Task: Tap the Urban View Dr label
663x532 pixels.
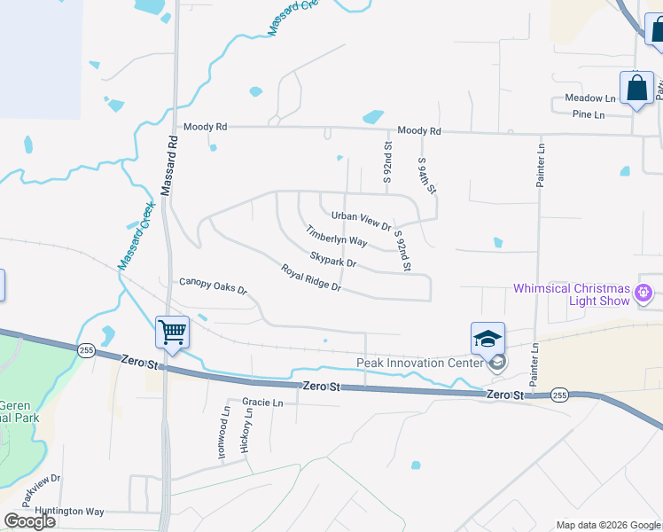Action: click(361, 220)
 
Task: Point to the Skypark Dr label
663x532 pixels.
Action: click(332, 259)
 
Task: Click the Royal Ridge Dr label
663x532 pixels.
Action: click(311, 278)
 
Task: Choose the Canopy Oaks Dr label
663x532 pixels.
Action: click(213, 286)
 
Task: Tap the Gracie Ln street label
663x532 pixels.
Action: click(261, 403)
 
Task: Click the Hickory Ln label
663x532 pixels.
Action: click(246, 432)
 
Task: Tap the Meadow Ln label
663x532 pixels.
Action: click(590, 98)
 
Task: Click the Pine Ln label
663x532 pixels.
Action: click(588, 114)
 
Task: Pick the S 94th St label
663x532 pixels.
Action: click(426, 176)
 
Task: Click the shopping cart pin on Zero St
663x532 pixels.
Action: click(173, 332)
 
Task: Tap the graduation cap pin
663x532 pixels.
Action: click(487, 339)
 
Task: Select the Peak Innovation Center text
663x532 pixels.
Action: click(419, 363)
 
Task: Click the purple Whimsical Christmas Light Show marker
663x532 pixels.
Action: click(644, 291)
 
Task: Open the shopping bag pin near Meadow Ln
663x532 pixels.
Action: click(636, 88)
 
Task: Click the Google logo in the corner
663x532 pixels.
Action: click(30, 520)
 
